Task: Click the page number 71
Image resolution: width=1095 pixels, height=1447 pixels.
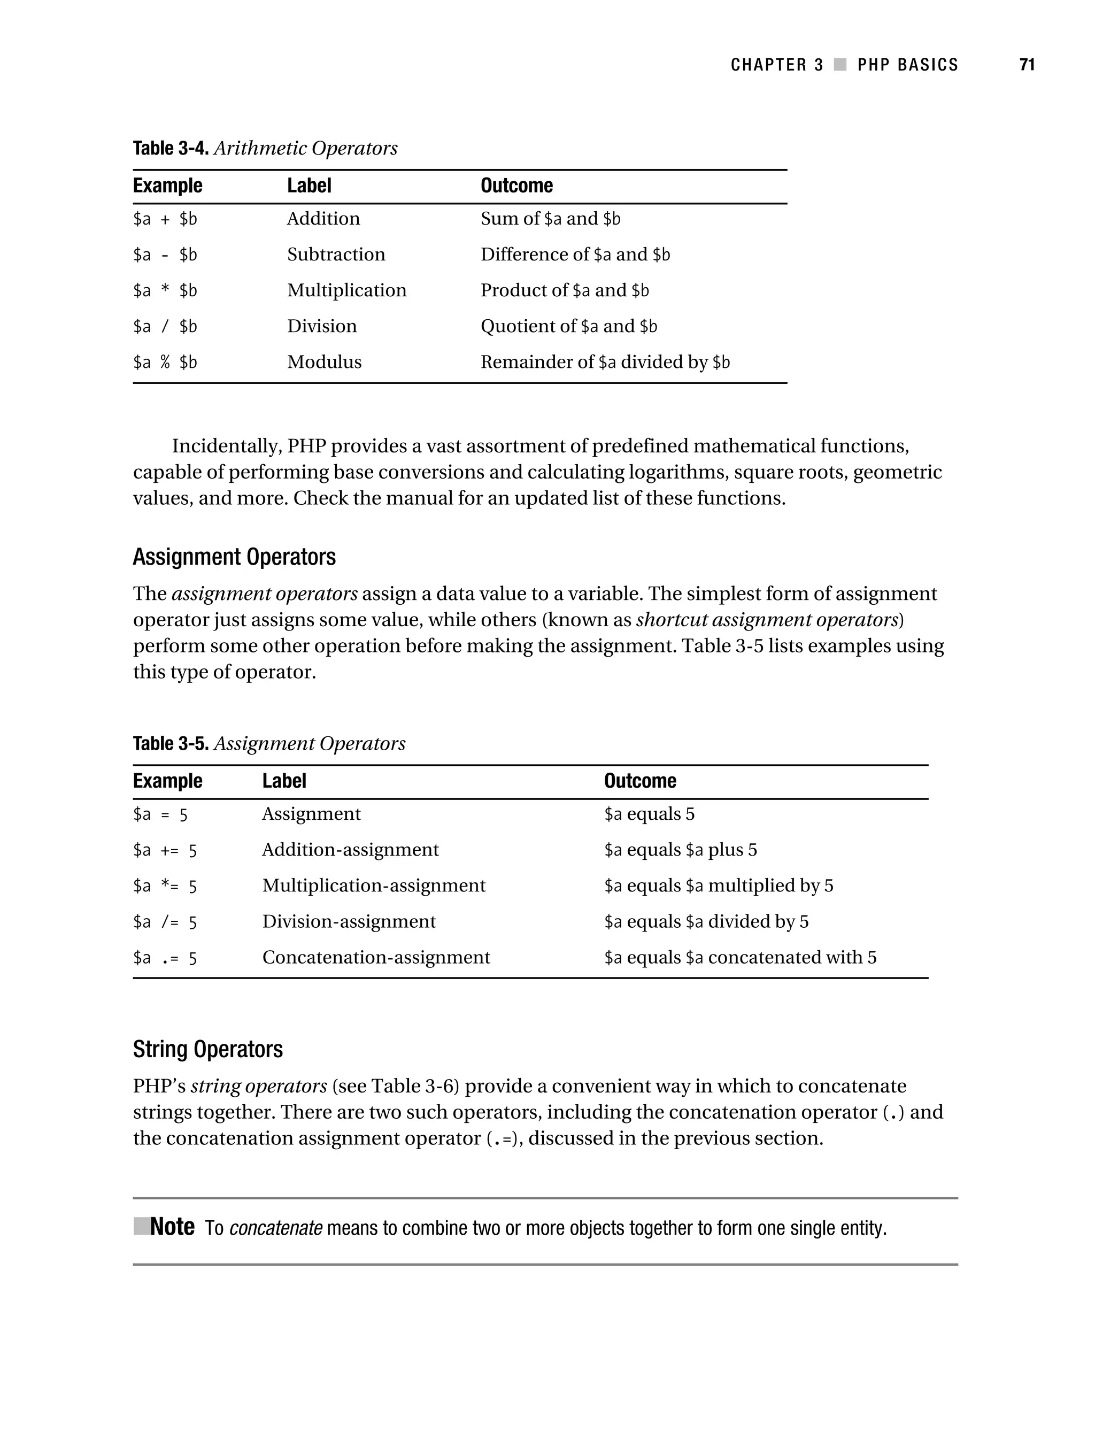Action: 1027,65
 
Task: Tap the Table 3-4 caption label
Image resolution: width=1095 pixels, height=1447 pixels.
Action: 171,149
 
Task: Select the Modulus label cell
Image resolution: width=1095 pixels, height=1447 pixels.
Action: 324,361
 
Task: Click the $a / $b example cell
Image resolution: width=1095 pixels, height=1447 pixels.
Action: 165,326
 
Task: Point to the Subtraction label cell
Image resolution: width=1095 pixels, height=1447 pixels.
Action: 336,255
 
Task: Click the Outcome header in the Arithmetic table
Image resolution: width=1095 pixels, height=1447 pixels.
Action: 516,186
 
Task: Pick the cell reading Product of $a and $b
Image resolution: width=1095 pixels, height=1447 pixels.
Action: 565,290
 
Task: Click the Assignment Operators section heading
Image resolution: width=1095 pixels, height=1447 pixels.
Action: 234,557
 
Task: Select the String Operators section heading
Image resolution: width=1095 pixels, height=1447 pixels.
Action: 207,1049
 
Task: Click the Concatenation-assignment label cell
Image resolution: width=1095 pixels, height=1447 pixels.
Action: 375,958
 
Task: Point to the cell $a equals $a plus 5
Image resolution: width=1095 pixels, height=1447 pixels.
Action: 680,850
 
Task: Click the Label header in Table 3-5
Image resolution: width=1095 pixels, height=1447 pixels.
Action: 284,781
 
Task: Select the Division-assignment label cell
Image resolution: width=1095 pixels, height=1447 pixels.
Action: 349,922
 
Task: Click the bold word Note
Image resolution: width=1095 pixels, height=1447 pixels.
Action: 172,1227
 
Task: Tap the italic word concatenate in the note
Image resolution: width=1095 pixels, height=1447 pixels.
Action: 275,1228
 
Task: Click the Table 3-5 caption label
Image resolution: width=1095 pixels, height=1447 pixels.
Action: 171,744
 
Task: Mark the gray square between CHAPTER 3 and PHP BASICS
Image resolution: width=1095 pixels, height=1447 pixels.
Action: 840,65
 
